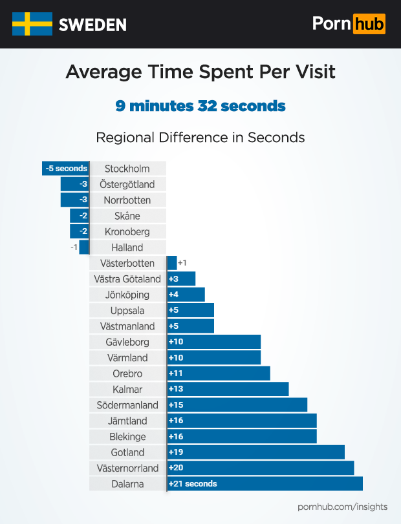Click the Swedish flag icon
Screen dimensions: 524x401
(32, 24)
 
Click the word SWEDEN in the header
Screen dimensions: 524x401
(92, 25)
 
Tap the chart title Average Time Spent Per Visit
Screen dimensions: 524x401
(200, 71)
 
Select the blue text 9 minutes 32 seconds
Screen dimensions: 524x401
(200, 105)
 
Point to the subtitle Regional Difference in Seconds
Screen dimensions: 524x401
(200, 138)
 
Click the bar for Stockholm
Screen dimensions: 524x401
(65, 169)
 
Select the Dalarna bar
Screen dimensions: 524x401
(265, 483)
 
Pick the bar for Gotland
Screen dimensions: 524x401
(255, 452)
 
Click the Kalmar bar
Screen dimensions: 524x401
(228, 389)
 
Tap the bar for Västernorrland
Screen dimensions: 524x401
(260, 468)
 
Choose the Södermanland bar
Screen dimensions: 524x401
(237, 405)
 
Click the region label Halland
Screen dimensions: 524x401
(127, 247)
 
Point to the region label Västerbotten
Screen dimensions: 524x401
(127, 264)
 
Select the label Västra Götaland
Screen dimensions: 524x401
(127, 279)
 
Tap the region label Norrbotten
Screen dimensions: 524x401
(127, 200)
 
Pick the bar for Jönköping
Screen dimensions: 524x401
(186, 295)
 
